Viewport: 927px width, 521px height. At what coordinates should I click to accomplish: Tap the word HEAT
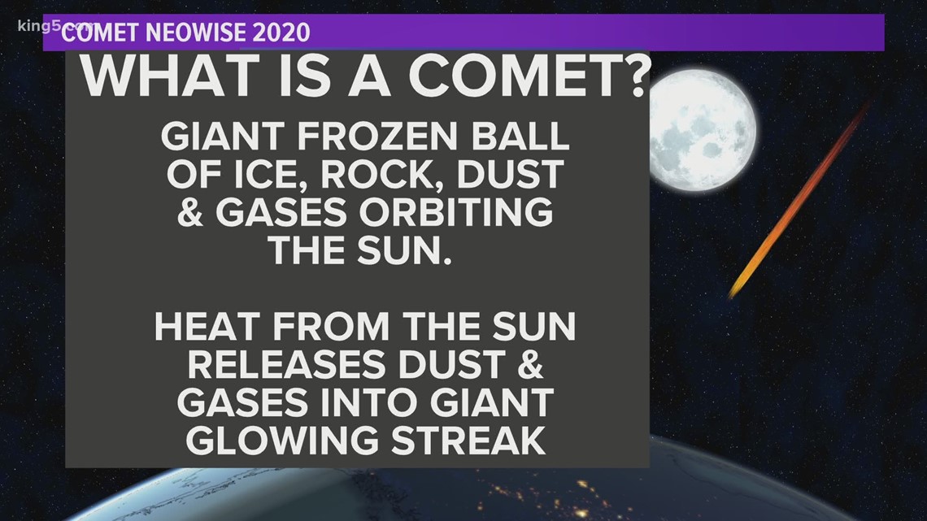(207, 327)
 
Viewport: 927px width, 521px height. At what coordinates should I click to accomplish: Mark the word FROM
(326, 327)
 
